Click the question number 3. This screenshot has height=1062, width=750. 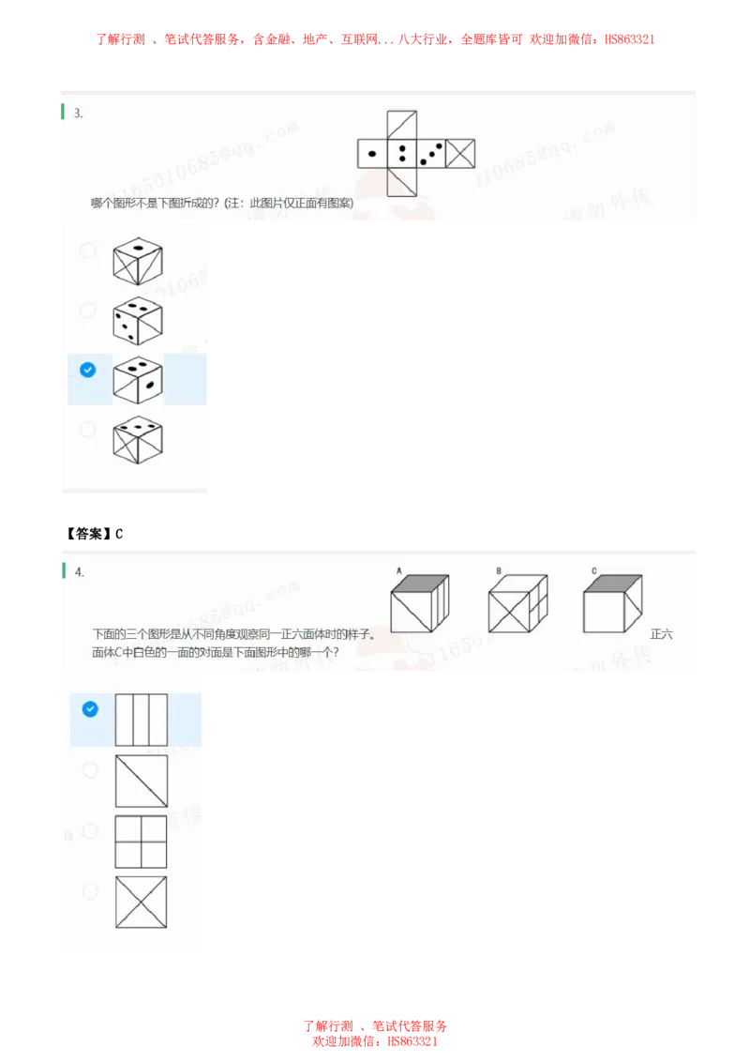point(79,114)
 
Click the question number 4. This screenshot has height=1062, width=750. point(80,572)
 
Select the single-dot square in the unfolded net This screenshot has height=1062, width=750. point(372,154)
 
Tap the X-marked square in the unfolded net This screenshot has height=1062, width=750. point(460,154)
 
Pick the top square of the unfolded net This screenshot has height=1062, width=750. point(401,125)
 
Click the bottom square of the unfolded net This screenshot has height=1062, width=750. point(401,183)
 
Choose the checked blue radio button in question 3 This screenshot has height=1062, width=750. point(88,371)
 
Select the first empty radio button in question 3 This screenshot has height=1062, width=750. point(88,250)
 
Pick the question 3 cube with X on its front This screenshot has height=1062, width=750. point(137,439)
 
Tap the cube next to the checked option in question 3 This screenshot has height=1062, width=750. point(137,380)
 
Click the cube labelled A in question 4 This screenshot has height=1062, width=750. point(419,605)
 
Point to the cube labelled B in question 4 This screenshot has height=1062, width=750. point(517,605)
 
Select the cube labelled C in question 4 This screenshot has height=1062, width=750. point(611,605)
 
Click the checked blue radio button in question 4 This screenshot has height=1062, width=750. point(90,709)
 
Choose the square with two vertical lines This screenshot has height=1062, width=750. point(142,720)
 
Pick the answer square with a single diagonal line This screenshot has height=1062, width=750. point(142,781)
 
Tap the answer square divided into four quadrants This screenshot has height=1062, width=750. point(142,842)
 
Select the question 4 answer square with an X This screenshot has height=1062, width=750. point(142,902)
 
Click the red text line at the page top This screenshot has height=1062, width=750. point(375,39)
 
